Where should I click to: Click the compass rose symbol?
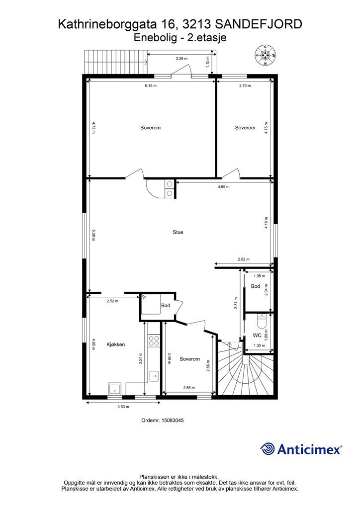point(266,55)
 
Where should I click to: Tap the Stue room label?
point(178,232)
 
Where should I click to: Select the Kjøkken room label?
point(115,344)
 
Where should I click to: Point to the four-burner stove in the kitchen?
point(154,340)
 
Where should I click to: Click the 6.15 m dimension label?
point(151,85)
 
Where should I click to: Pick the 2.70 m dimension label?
point(245,85)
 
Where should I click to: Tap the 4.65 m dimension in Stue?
point(223,187)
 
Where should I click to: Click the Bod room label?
point(256,286)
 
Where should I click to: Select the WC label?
point(257,336)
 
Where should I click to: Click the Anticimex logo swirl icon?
point(268,449)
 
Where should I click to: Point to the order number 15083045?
point(163,420)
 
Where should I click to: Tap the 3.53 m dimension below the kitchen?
point(123,407)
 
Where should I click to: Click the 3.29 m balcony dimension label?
point(181,59)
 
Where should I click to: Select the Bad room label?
point(166,306)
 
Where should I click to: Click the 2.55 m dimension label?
point(189,388)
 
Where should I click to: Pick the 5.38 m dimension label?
point(93,235)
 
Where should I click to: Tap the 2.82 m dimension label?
point(244,259)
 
